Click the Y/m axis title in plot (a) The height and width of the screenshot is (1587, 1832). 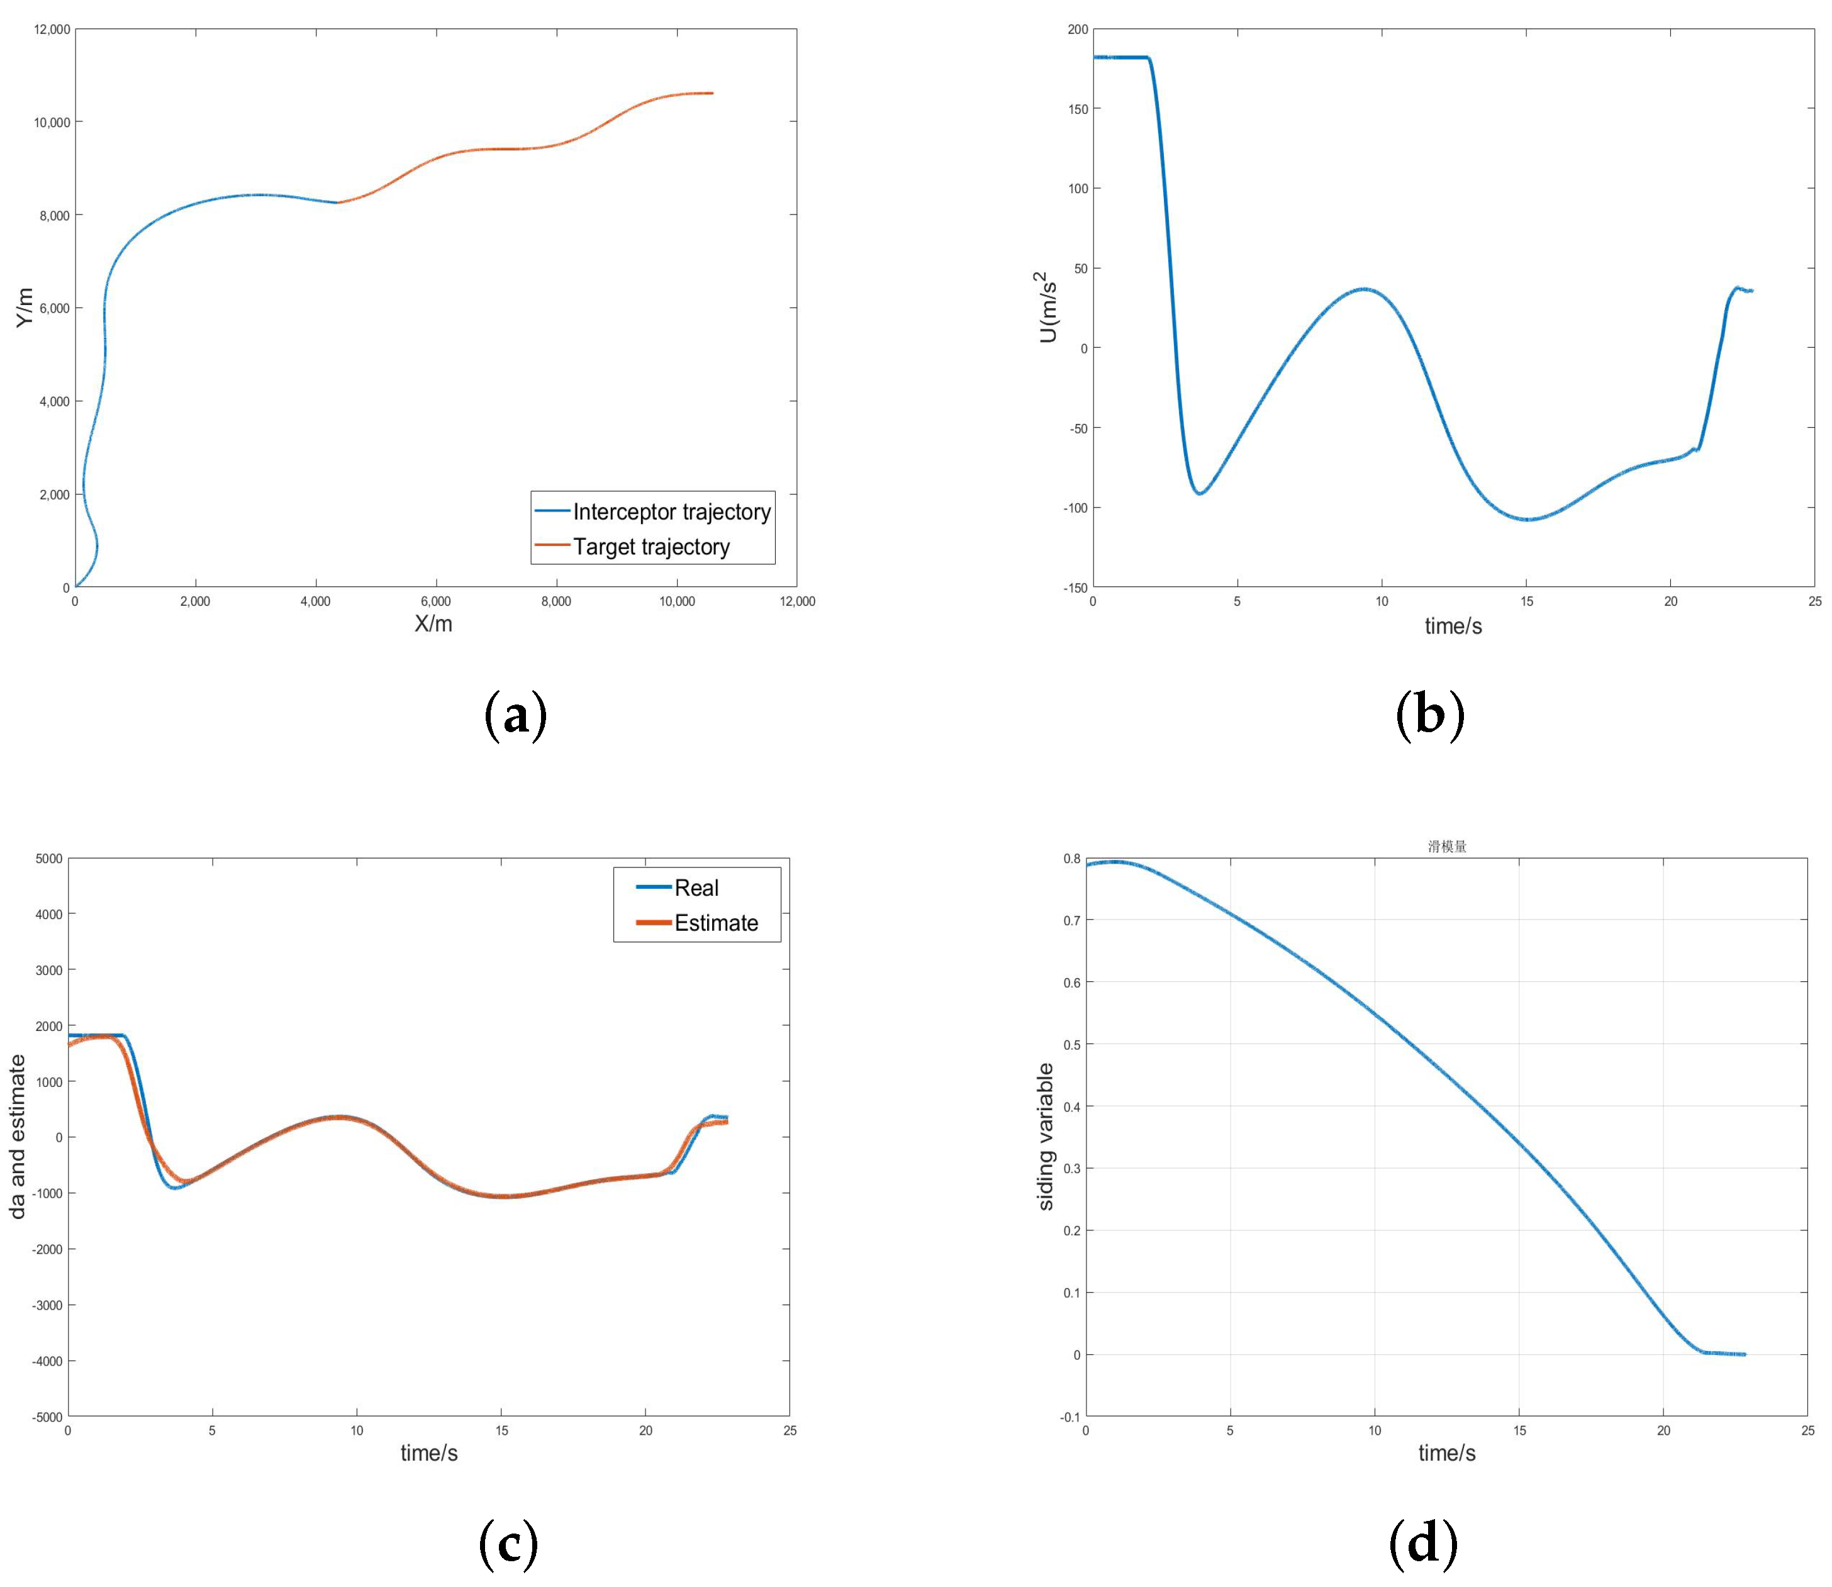pos(25,308)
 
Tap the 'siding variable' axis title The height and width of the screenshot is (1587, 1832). pos(1046,1136)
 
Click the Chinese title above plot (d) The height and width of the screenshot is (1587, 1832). pos(1446,847)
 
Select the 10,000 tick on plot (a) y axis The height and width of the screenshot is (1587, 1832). pos(52,122)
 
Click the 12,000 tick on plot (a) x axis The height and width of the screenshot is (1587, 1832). pos(796,601)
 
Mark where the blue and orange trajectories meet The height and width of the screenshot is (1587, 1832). pos(337,203)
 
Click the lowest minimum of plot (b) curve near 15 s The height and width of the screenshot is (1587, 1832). pos(1528,519)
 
